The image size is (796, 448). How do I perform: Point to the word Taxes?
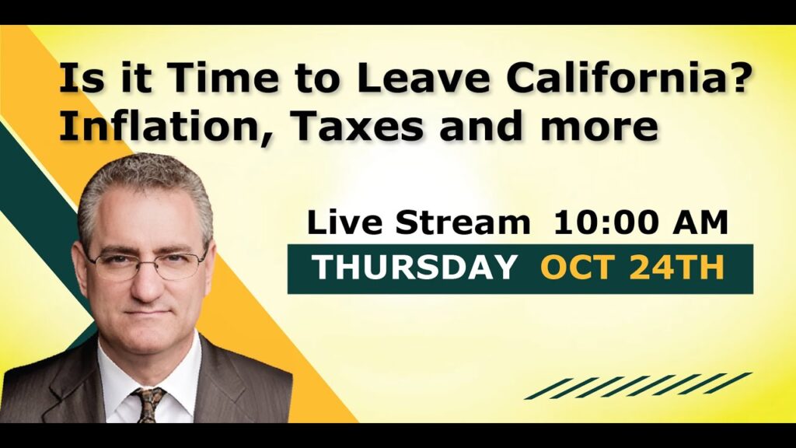tap(356, 125)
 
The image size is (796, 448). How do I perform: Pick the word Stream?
tap(463, 222)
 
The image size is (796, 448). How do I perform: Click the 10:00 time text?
tap(607, 222)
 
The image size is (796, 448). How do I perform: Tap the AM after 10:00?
tap(700, 222)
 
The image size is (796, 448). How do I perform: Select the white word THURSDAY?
tap(414, 268)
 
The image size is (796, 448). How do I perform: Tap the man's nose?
tap(146, 287)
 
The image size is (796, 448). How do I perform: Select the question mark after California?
tap(735, 77)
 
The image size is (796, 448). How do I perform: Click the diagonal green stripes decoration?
tap(638, 386)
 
